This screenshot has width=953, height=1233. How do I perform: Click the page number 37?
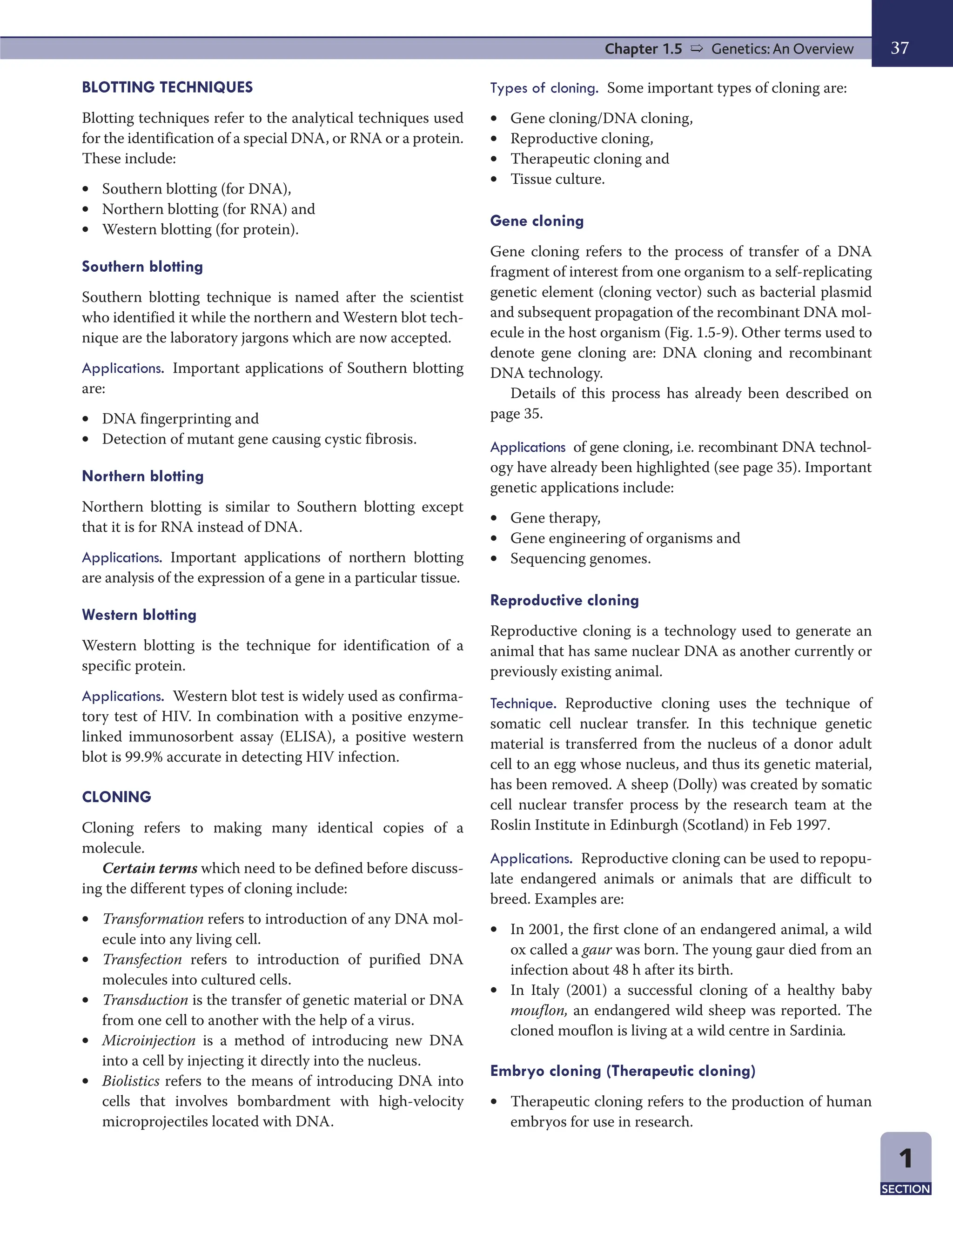(x=899, y=48)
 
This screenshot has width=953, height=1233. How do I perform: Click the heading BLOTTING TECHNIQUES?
(x=167, y=87)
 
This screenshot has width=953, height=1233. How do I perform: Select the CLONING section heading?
(x=116, y=797)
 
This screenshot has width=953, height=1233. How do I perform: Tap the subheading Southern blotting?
(x=142, y=267)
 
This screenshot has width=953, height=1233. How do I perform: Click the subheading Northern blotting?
(x=143, y=476)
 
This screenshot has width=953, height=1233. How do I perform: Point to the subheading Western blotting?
(x=139, y=615)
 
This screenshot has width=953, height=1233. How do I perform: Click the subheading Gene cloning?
(x=537, y=221)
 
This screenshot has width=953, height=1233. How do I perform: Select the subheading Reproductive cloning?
(x=564, y=600)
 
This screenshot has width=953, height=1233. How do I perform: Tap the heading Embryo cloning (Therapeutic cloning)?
(x=622, y=1071)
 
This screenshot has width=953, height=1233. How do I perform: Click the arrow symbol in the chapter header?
(x=697, y=48)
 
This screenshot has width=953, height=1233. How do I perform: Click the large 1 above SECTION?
(x=905, y=1159)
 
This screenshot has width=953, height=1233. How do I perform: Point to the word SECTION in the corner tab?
(x=905, y=1189)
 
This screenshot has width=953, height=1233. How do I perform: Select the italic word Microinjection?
(x=149, y=1040)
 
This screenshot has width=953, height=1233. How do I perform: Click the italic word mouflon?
(x=538, y=1011)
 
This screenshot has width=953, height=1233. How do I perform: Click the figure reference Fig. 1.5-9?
(x=702, y=333)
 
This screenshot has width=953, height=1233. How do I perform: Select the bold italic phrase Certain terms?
(x=150, y=868)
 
